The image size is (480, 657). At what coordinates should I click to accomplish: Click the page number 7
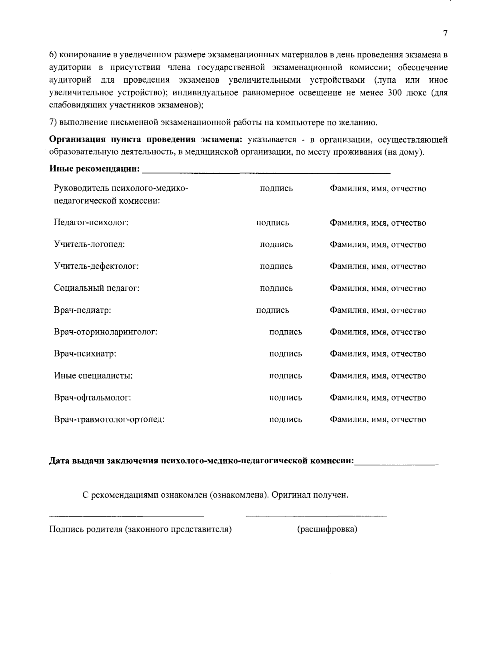coord(445,34)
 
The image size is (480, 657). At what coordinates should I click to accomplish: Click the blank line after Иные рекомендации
coord(266,172)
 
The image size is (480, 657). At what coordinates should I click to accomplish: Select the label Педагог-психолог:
coord(91,223)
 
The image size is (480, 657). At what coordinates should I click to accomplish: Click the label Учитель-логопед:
coord(90,244)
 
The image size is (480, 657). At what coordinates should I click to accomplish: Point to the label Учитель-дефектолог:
coord(96,266)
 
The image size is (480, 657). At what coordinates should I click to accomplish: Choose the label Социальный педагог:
coord(97,288)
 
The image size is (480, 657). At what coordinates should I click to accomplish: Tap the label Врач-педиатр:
coord(82,310)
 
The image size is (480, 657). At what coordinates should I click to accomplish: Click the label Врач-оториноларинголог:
coord(106,332)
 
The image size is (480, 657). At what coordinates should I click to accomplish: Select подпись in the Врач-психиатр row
coord(286,354)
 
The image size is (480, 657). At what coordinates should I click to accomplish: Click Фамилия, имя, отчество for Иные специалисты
coord(378,376)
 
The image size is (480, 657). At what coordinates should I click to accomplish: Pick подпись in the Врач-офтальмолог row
coord(286,398)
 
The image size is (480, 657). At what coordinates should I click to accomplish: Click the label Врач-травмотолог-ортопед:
coord(109,419)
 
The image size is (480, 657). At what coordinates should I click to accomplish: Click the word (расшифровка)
coord(327,530)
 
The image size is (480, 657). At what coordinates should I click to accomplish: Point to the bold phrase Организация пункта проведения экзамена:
coord(146,140)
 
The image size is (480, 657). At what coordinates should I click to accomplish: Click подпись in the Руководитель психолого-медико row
coord(276,189)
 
